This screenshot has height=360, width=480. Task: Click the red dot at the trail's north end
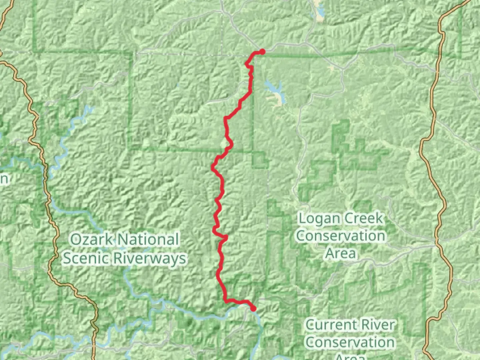[262, 52]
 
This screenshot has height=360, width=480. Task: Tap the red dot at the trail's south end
[253, 309]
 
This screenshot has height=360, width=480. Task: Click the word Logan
[319, 219]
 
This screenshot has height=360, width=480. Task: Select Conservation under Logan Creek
[341, 236]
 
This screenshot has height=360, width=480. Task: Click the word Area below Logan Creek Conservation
[341, 253]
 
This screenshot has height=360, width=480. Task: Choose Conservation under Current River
[350, 342]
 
